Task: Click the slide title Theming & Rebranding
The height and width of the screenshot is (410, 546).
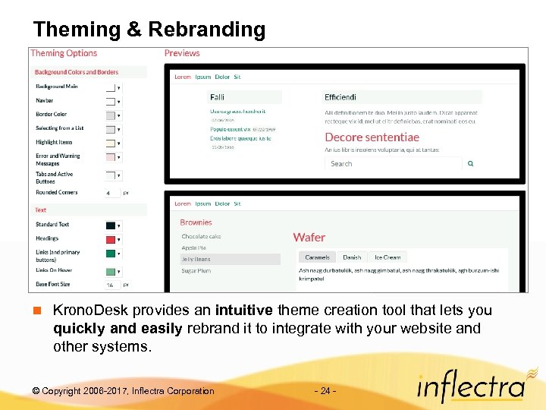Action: [149, 30]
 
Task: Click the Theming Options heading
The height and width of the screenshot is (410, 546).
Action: [64, 53]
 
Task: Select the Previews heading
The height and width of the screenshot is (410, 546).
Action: [182, 53]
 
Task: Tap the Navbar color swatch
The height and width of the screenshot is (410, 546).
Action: [110, 101]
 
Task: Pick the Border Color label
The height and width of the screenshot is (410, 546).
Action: [51, 115]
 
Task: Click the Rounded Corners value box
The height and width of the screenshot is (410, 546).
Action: [111, 193]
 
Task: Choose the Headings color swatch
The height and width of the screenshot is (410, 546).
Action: [110, 238]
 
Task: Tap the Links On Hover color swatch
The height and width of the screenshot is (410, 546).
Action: [110, 271]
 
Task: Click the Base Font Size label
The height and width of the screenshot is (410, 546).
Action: [52, 284]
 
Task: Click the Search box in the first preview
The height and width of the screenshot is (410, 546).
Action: [393, 163]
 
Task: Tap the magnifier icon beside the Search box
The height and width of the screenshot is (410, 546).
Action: [470, 163]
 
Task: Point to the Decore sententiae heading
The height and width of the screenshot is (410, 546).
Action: [372, 137]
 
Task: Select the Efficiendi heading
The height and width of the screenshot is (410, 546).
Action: [340, 97]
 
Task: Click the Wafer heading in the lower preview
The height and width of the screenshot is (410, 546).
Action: [309, 237]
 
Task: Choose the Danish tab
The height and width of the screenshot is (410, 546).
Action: [352, 257]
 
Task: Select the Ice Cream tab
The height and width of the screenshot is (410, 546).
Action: [388, 257]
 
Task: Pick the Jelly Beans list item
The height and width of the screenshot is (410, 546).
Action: [196, 259]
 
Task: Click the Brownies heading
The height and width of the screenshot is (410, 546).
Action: [196, 222]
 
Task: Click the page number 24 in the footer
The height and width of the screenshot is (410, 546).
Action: [324, 391]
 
